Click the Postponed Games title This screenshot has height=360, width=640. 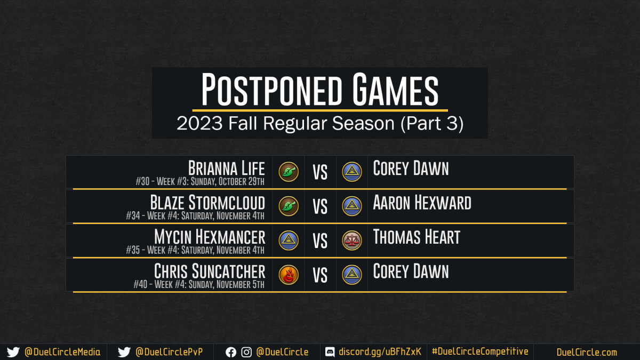(319, 89)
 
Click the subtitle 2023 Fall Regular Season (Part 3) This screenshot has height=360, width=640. (320, 123)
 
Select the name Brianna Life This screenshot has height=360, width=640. (226, 168)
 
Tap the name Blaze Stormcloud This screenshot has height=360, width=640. (207, 203)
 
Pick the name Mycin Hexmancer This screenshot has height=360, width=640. (210, 237)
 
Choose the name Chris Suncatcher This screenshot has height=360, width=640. (210, 271)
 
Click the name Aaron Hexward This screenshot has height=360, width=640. (422, 203)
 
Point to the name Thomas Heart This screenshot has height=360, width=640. (417, 237)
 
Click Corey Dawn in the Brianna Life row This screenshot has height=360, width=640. (411, 168)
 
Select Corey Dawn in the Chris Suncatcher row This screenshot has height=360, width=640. (411, 271)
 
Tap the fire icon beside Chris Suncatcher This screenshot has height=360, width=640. (289, 275)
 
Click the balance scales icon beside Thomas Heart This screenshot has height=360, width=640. (352, 241)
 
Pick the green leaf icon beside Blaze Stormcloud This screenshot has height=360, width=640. (289, 206)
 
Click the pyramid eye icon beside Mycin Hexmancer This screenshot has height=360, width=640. (289, 241)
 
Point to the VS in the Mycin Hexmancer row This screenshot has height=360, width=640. (320, 241)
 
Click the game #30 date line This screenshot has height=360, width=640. (200, 181)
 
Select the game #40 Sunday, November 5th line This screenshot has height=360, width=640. (199, 284)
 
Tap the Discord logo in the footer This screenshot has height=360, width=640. (330, 352)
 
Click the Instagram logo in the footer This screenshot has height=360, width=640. (246, 353)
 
